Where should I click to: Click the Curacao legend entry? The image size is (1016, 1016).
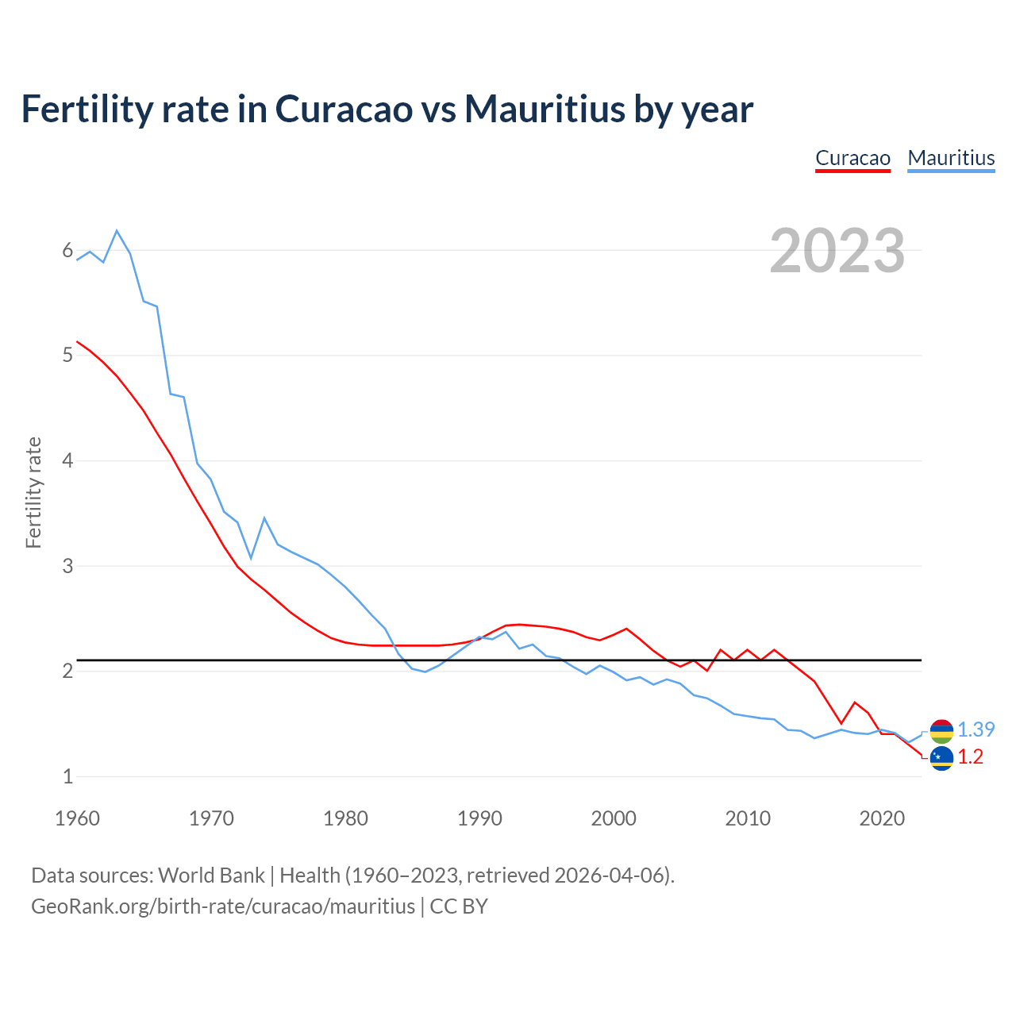(852, 158)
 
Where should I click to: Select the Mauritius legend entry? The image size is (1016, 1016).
(951, 158)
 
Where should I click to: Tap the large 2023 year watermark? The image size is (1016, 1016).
(837, 251)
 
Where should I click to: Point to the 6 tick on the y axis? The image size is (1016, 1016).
(67, 251)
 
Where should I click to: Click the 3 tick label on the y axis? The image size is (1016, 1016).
(67, 566)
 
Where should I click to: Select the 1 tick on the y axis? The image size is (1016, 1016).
(67, 776)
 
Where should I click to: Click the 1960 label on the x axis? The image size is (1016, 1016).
(77, 818)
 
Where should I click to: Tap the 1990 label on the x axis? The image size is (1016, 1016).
(479, 818)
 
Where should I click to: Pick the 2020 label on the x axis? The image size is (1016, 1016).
(881, 818)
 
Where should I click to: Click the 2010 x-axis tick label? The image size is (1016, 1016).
(747, 818)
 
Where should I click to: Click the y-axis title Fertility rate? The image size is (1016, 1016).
(33, 492)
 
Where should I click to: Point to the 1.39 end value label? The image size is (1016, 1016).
(976, 729)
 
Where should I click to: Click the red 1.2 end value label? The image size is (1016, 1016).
(970, 757)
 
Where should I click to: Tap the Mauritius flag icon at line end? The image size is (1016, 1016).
(941, 730)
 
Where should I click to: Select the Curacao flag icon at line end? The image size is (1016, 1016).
(941, 758)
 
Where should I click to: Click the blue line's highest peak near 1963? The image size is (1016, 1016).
(117, 230)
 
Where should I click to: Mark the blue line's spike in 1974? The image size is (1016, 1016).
(264, 518)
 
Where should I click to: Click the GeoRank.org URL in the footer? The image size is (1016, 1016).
(223, 906)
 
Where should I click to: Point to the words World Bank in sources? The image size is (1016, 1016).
(211, 876)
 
